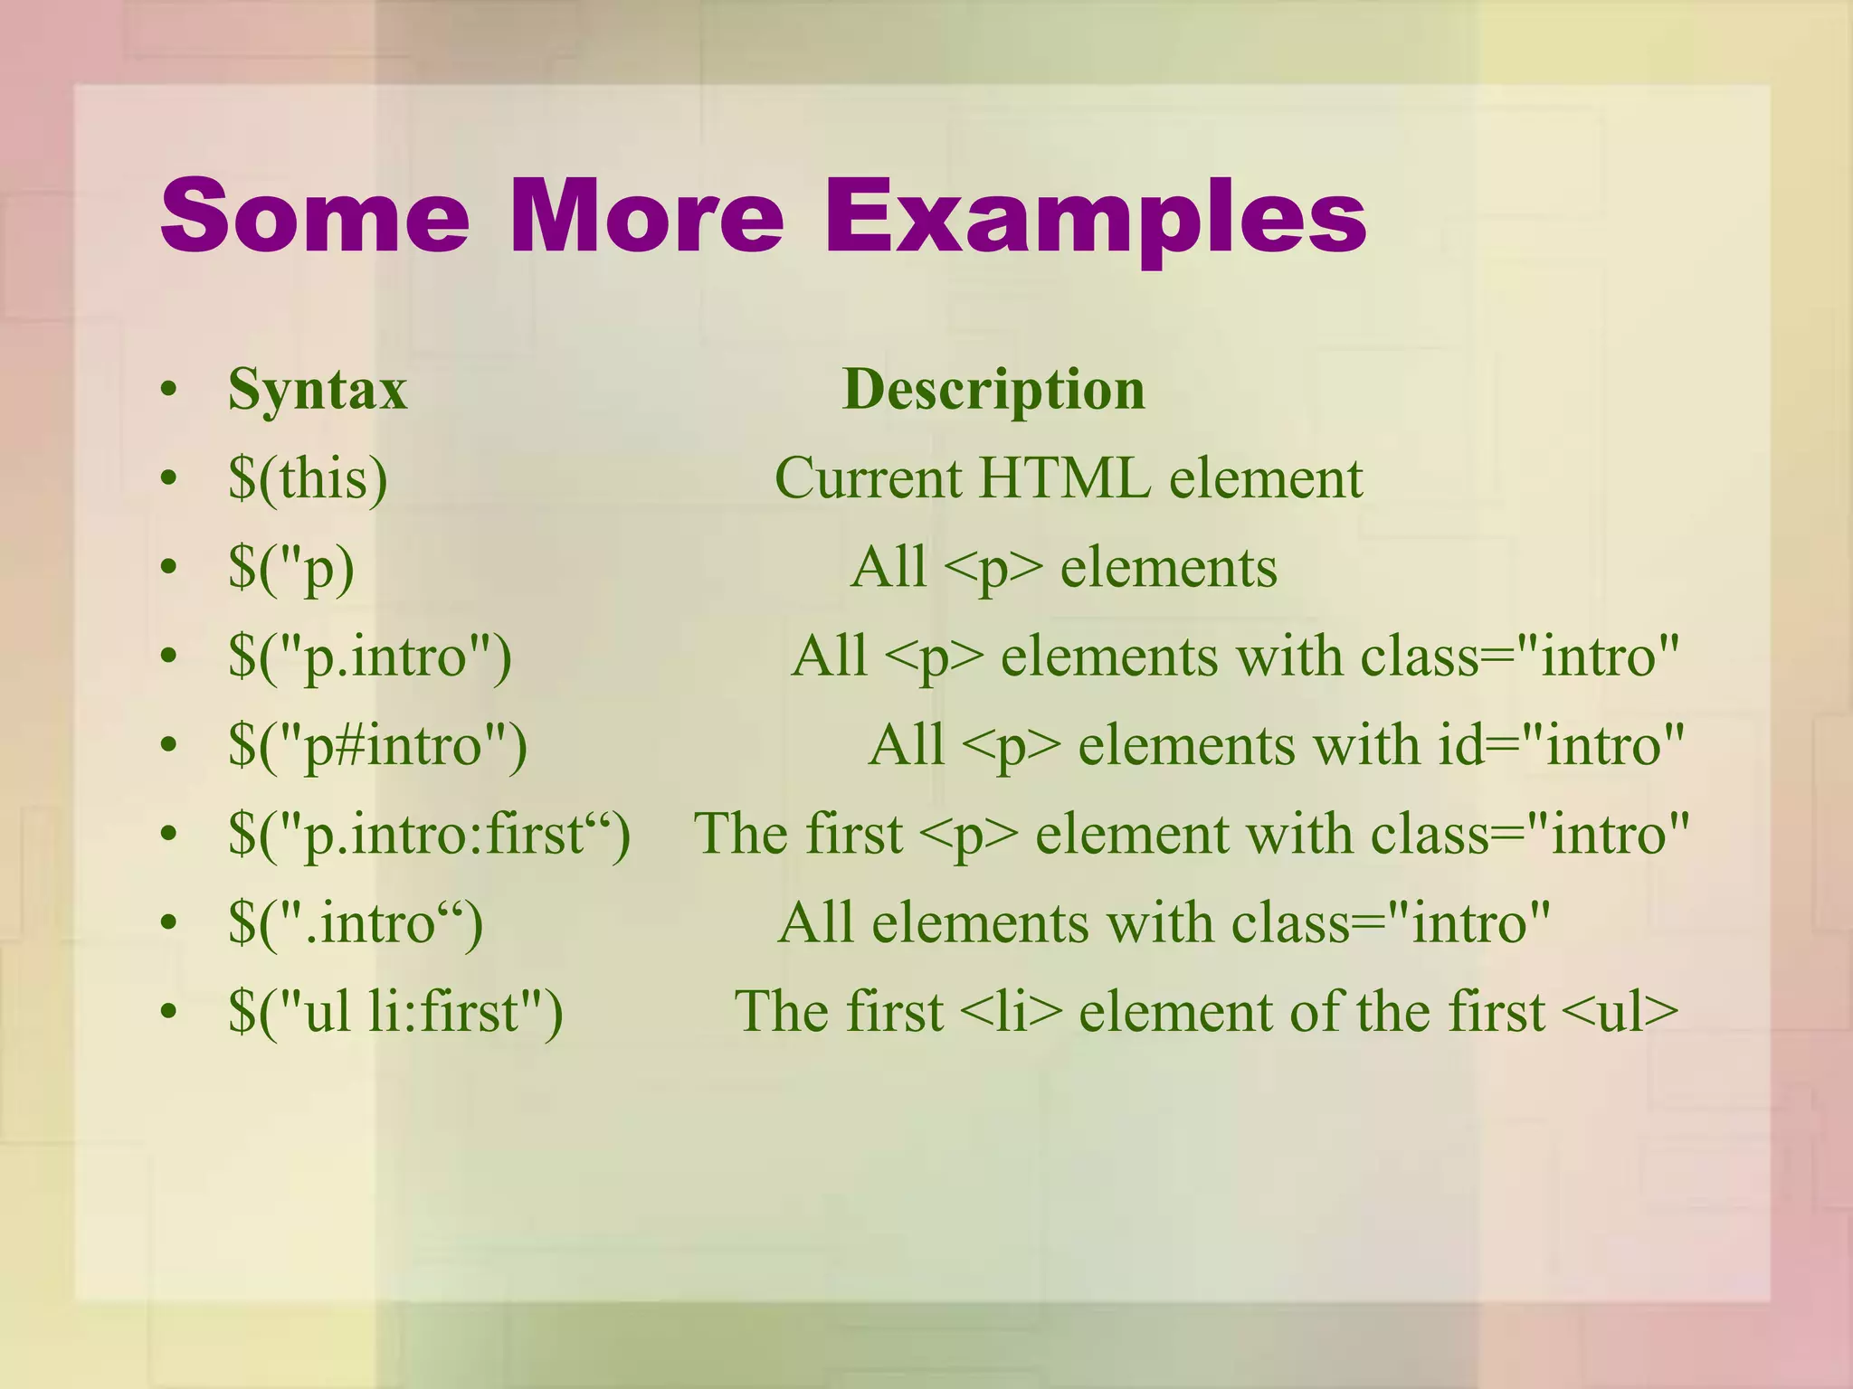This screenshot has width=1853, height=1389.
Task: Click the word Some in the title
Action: (x=314, y=217)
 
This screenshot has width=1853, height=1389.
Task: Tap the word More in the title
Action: (x=646, y=217)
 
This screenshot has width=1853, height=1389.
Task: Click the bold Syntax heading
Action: (x=318, y=390)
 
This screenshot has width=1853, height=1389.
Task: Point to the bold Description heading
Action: (x=993, y=390)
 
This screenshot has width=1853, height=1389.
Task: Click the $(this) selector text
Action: (x=309, y=478)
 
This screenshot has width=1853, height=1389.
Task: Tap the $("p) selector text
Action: (x=291, y=568)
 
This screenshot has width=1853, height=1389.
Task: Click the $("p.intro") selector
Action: (x=370, y=657)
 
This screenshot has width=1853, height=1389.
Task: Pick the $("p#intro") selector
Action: (x=377, y=746)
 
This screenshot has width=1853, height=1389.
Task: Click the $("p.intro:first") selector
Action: (x=429, y=834)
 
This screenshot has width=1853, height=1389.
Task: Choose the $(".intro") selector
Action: (x=356, y=923)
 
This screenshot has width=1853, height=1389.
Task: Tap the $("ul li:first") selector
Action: (x=395, y=1012)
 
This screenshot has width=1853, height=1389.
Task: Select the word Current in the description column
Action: (x=868, y=478)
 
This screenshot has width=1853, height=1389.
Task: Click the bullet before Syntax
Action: (x=167, y=392)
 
